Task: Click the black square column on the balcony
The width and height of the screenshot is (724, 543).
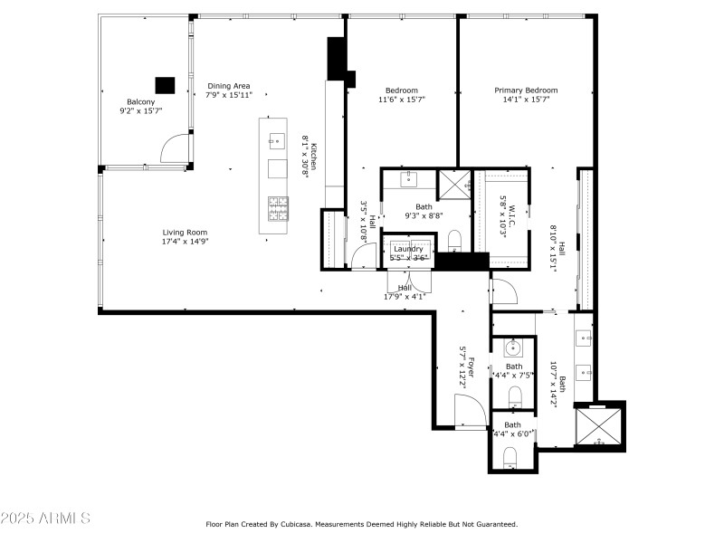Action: (x=164, y=85)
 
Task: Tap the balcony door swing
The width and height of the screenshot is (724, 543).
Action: (x=176, y=148)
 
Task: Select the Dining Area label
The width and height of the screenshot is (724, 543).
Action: (x=228, y=90)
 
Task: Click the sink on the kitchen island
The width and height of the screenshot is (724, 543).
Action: (x=276, y=139)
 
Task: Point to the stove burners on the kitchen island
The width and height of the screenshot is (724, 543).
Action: (x=277, y=208)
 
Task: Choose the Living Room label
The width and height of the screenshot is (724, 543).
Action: (x=185, y=236)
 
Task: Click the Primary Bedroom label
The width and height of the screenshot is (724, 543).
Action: (x=525, y=94)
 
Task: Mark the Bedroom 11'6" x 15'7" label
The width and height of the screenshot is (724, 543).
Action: (x=401, y=94)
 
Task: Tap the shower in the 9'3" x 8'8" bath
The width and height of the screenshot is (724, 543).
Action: (x=453, y=184)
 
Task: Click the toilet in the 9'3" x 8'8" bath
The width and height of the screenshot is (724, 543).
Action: (x=455, y=240)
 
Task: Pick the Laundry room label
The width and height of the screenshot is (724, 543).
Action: (x=408, y=252)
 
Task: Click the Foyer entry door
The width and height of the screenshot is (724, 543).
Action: (x=471, y=413)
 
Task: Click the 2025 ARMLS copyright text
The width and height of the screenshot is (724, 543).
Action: (x=45, y=519)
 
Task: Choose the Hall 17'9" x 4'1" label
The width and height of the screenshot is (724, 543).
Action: (x=405, y=291)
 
